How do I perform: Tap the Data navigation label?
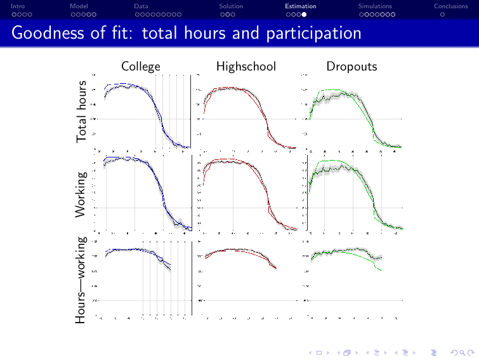[141, 6]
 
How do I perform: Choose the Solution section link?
[231, 6]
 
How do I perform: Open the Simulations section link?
[375, 6]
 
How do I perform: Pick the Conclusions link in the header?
[450, 6]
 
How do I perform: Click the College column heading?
[141, 66]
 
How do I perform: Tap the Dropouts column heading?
[351, 66]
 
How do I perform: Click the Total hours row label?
[82, 112]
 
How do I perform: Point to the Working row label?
[82, 193]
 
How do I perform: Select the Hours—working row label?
[82, 280]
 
